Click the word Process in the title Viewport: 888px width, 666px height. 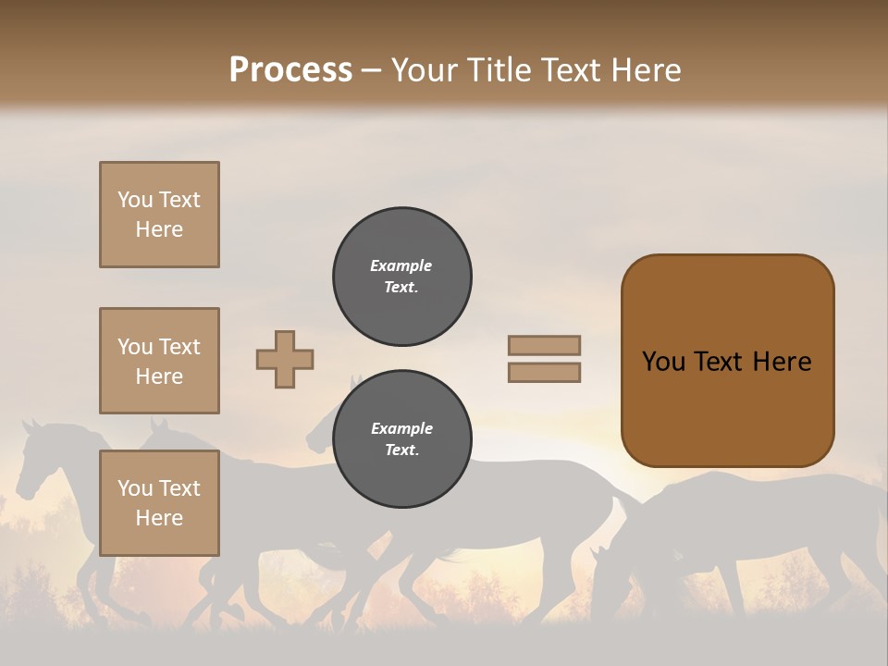[x=290, y=70]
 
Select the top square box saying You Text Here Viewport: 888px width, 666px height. [x=159, y=215]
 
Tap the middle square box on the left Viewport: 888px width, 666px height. [x=159, y=361]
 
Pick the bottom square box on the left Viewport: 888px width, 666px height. [x=159, y=502]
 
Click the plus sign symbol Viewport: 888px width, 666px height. [x=285, y=359]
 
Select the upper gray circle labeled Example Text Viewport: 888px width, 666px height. [x=402, y=277]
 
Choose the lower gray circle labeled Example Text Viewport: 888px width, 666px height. [x=402, y=439]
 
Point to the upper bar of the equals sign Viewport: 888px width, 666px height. [x=545, y=345]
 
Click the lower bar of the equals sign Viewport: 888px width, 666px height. [x=545, y=373]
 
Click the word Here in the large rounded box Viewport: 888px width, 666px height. [x=782, y=362]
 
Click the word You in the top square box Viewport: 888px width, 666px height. [x=135, y=200]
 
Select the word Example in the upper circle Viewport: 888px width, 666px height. [x=401, y=265]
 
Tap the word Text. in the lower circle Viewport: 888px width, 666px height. [x=401, y=450]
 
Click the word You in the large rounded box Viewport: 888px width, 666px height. [x=663, y=362]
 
